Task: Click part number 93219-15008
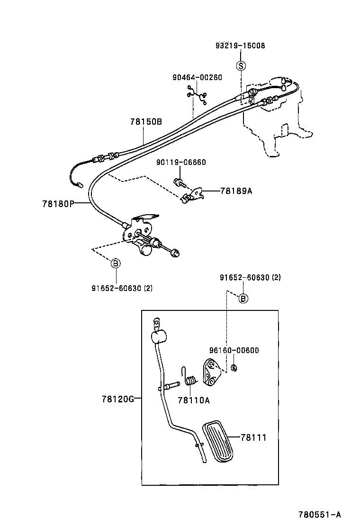tap(240, 46)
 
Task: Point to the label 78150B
tap(146, 122)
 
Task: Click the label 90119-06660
tap(181, 162)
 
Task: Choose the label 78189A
tap(236, 191)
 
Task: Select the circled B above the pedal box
tap(243, 298)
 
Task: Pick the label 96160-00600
tap(234, 350)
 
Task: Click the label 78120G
tap(117, 399)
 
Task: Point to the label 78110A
tap(193, 400)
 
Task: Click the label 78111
tap(253, 438)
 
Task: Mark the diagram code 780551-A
tap(319, 515)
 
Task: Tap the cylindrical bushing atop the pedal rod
tap(160, 337)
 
